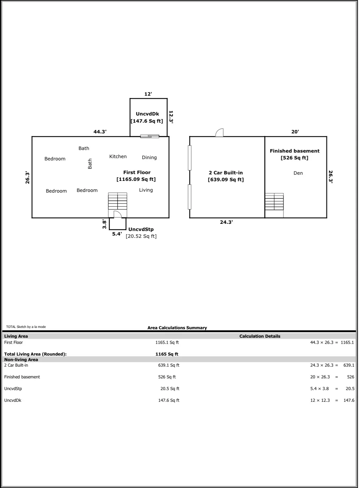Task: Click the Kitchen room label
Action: point(118,156)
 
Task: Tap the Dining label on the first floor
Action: point(149,157)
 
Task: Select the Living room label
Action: point(146,190)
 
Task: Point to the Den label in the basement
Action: point(298,173)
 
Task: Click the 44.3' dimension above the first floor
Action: point(100,132)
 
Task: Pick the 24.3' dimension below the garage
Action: point(226,223)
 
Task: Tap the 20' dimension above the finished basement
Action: point(295,132)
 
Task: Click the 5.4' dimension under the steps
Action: point(117,234)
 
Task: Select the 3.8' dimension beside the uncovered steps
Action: point(104,224)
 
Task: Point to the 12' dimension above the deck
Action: point(148,94)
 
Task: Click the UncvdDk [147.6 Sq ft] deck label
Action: point(147,117)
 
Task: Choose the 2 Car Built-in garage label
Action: point(226,176)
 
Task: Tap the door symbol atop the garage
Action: point(220,133)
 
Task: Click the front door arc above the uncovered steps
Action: point(117,214)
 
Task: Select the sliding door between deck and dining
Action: point(150,136)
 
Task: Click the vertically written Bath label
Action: point(90,164)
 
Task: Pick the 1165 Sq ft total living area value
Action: point(167,354)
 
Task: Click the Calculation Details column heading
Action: point(260,336)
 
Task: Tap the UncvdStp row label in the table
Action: point(13,388)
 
